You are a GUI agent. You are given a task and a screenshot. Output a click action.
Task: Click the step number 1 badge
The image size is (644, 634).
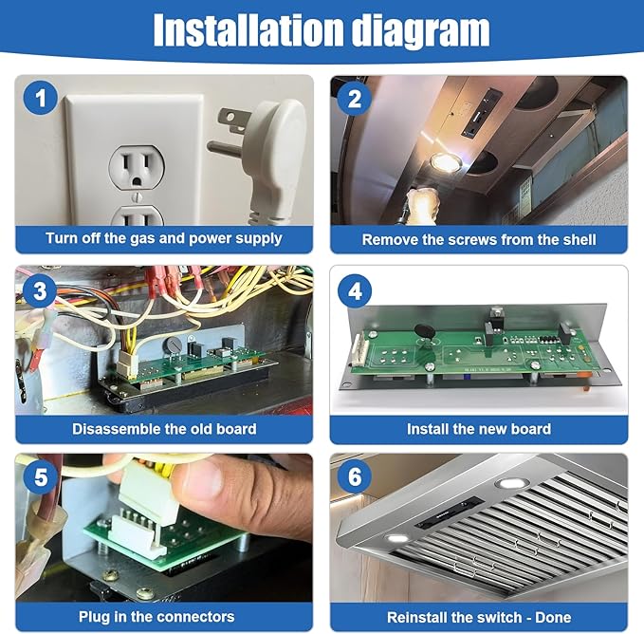point(40,98)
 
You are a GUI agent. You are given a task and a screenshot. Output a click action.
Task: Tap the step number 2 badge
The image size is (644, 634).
point(355,99)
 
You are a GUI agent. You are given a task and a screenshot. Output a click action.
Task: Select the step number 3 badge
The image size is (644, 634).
point(40,290)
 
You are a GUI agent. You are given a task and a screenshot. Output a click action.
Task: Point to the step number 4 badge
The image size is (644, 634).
point(355,291)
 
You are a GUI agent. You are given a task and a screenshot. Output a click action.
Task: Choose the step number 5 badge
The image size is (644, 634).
point(40,477)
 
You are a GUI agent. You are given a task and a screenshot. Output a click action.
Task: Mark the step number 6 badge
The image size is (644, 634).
point(355,476)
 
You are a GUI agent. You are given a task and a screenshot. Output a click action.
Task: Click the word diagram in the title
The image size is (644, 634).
point(421,31)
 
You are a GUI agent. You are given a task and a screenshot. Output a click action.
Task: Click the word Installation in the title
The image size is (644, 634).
point(248,29)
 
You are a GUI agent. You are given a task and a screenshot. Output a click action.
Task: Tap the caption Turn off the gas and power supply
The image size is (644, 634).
point(164,239)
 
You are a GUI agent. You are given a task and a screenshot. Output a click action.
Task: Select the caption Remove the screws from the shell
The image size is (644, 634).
point(479,239)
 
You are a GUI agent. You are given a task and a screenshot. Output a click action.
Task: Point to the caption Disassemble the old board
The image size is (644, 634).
point(164,429)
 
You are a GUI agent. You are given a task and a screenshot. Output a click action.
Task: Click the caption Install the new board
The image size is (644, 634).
point(479,429)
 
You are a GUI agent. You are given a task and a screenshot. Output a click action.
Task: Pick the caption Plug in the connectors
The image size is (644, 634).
point(156,616)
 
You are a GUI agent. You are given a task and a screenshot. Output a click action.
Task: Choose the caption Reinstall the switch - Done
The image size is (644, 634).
point(479,617)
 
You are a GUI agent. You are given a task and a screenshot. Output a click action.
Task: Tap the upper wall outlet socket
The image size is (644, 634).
point(137,167)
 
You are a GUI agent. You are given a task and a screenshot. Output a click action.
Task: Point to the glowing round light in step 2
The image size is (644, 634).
point(445,162)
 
